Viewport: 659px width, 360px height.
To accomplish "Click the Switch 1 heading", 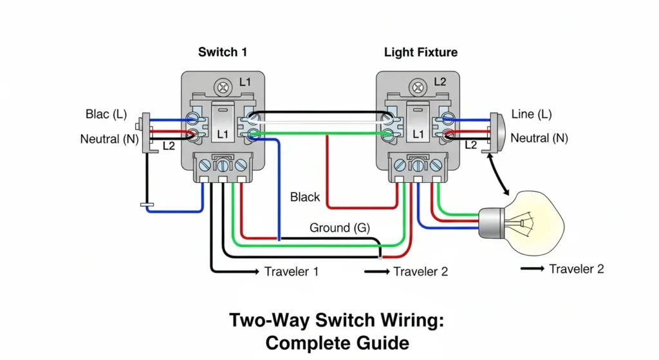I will (x=222, y=52).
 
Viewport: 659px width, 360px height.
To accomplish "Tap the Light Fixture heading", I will (x=420, y=52).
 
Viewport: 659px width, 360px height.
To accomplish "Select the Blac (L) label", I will (x=106, y=115).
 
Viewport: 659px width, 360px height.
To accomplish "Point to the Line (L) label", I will (x=532, y=114).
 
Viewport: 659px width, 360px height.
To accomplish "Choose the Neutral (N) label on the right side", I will (x=539, y=138).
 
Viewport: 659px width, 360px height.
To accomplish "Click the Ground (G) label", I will (x=339, y=227).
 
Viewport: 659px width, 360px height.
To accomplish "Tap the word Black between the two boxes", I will (x=305, y=197).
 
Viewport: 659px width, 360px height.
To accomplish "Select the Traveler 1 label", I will (x=291, y=271).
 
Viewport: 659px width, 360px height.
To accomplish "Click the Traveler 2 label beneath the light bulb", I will (x=576, y=269).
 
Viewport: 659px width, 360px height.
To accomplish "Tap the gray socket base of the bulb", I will (x=490, y=223).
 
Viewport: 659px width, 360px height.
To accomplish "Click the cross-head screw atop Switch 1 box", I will (x=223, y=84).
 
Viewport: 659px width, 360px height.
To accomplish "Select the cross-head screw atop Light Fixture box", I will (x=418, y=84).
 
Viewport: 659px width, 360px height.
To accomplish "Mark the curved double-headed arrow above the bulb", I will (x=499, y=175).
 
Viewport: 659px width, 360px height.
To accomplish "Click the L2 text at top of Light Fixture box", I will (x=440, y=82).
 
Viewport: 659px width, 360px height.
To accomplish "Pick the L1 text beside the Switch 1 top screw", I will (x=245, y=82).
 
